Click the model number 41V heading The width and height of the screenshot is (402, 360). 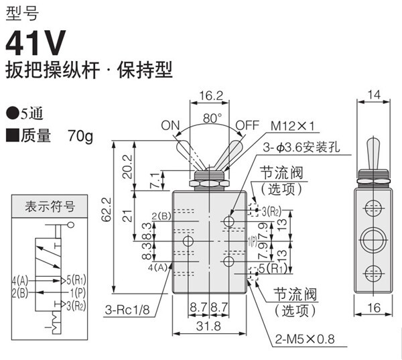coord(36,44)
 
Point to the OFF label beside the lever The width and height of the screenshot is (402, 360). coord(247,125)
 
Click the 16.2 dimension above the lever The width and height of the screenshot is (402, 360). coord(211,96)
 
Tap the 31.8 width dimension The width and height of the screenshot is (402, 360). coord(211,326)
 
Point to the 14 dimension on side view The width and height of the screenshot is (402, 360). coord(375,96)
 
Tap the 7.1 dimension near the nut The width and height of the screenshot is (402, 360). coord(157,180)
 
